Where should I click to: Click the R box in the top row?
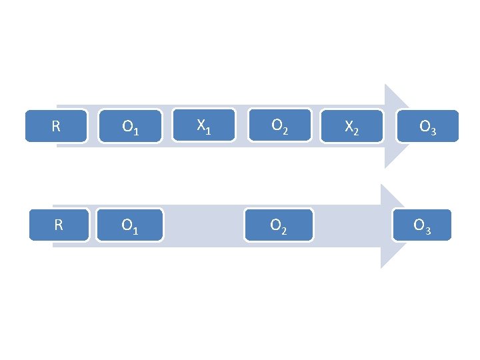click(x=57, y=126)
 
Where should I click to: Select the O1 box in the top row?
click(x=131, y=126)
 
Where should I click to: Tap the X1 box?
click(x=205, y=125)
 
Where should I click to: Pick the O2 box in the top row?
click(x=280, y=125)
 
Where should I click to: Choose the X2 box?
click(x=352, y=126)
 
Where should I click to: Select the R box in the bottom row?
click(x=58, y=225)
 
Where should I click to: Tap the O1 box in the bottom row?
click(x=131, y=225)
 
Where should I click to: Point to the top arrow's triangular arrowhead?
click(x=398, y=127)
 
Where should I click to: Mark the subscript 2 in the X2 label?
click(x=356, y=132)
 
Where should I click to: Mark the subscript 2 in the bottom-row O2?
click(x=285, y=231)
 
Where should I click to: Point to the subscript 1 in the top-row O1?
click(x=136, y=132)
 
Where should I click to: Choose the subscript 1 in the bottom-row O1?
click(x=136, y=231)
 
